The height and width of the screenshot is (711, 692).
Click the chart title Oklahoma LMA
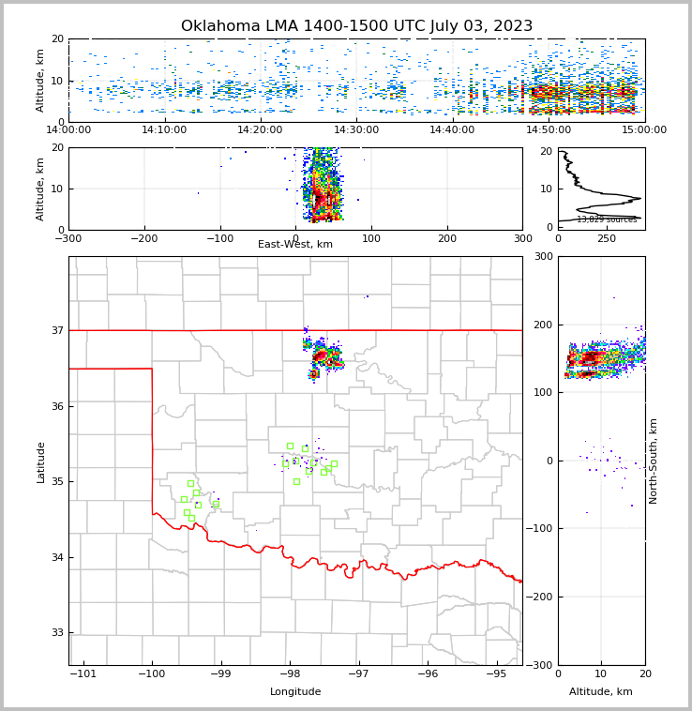tap(356, 26)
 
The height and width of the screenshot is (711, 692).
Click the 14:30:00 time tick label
tap(356, 130)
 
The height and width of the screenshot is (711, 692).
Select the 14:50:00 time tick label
tap(549, 130)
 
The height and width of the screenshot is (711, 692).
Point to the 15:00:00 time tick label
tap(644, 130)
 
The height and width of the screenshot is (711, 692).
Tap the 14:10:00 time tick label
tap(164, 130)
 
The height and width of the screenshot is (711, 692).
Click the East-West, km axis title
tap(295, 245)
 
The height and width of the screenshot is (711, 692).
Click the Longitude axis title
tap(295, 692)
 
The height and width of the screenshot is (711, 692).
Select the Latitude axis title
tap(40, 461)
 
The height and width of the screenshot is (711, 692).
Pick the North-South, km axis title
tap(654, 461)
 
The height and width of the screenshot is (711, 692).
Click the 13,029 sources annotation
tap(607, 219)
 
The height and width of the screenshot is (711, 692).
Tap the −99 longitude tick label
tap(220, 673)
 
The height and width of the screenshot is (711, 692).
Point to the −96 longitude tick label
tap(427, 673)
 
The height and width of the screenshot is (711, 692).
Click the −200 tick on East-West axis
tap(143, 238)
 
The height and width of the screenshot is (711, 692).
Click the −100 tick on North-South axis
tap(541, 529)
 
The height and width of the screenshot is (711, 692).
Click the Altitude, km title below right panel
tap(601, 692)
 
